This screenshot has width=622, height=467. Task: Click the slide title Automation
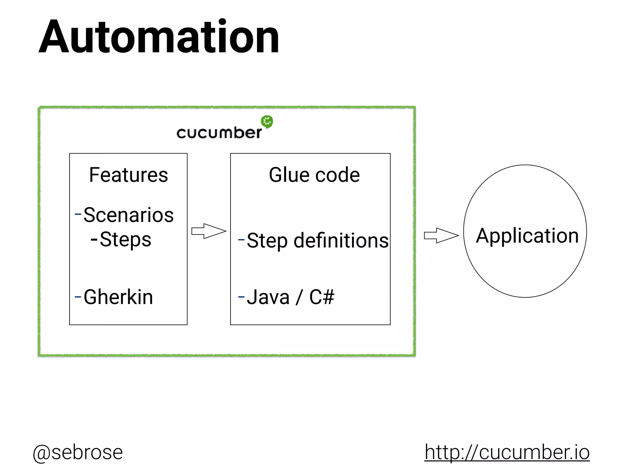tap(159, 37)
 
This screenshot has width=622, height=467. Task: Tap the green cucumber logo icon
tap(267, 122)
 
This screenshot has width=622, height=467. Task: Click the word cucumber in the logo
tap(219, 133)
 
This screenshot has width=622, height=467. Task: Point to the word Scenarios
tap(128, 215)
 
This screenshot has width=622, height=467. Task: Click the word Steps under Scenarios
tap(125, 240)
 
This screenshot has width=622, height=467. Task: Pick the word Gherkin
tap(118, 297)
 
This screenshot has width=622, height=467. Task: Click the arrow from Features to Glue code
tap(209, 231)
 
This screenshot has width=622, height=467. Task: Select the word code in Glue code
tap(337, 175)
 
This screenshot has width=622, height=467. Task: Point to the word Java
tap(268, 297)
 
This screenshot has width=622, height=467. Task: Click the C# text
tap(322, 297)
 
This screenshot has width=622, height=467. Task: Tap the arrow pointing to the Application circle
tap(441, 235)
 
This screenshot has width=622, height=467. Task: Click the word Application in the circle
tap(527, 236)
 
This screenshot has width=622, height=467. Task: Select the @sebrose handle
tap(78, 452)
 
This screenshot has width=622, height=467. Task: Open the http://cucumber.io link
tap(507, 452)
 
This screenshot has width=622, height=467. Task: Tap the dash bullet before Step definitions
tap(241, 240)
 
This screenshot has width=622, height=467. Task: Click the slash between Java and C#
tap(299, 297)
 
